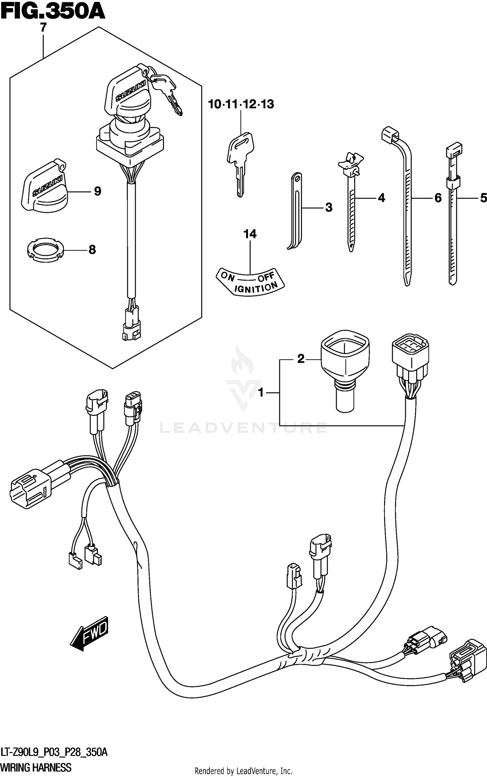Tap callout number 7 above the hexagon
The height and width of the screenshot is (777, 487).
coord(43,28)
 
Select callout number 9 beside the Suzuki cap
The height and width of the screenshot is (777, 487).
coord(97,191)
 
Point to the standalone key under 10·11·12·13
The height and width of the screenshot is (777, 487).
coord(240,162)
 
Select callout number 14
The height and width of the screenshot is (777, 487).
coord(250,234)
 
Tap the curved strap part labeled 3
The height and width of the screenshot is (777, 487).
coord(295,211)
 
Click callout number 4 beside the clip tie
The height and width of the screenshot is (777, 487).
coord(381,198)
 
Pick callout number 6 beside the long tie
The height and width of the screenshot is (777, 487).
coord(438,198)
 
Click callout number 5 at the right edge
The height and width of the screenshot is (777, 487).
coord(483,198)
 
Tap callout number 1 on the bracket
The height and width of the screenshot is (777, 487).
coord(261,393)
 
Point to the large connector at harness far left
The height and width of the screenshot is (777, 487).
coord(31,490)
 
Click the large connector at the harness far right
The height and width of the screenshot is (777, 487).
coord(468,659)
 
